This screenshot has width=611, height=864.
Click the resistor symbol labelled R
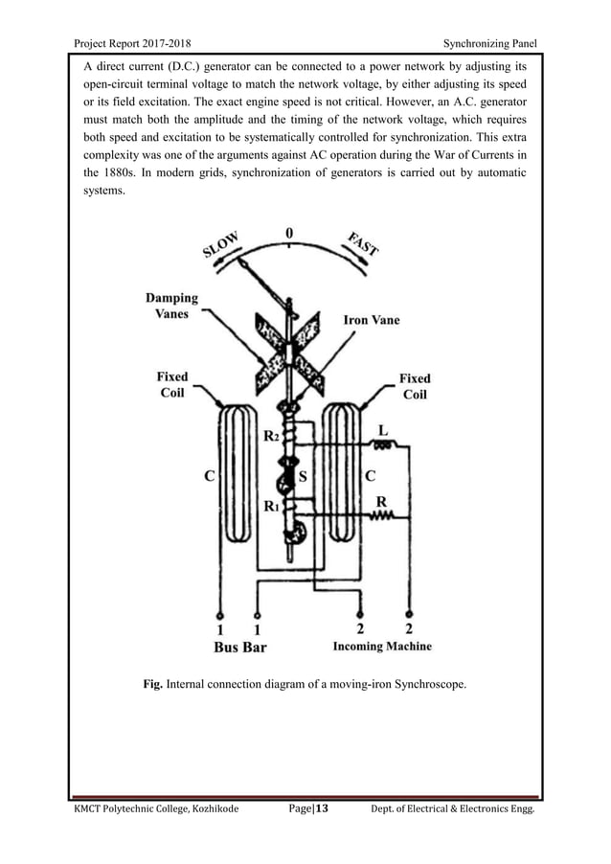pos(381,516)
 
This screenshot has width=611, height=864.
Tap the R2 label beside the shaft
pos(271,435)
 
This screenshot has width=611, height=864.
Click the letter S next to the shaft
pos(303,474)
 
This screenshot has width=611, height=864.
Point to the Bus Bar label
pos(239,647)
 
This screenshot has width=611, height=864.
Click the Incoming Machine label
pos(381,647)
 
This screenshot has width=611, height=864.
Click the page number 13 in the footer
pos(322,809)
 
